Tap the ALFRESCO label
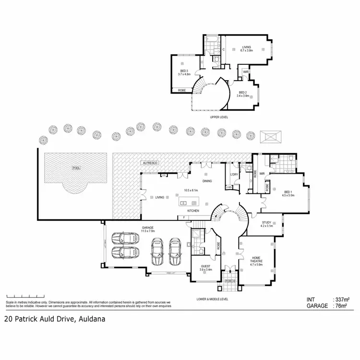[150, 163]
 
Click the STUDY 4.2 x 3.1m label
[266, 223]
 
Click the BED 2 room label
[244, 94]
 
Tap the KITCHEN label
[193, 211]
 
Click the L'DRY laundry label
[234, 174]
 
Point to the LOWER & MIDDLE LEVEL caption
[212, 299]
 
